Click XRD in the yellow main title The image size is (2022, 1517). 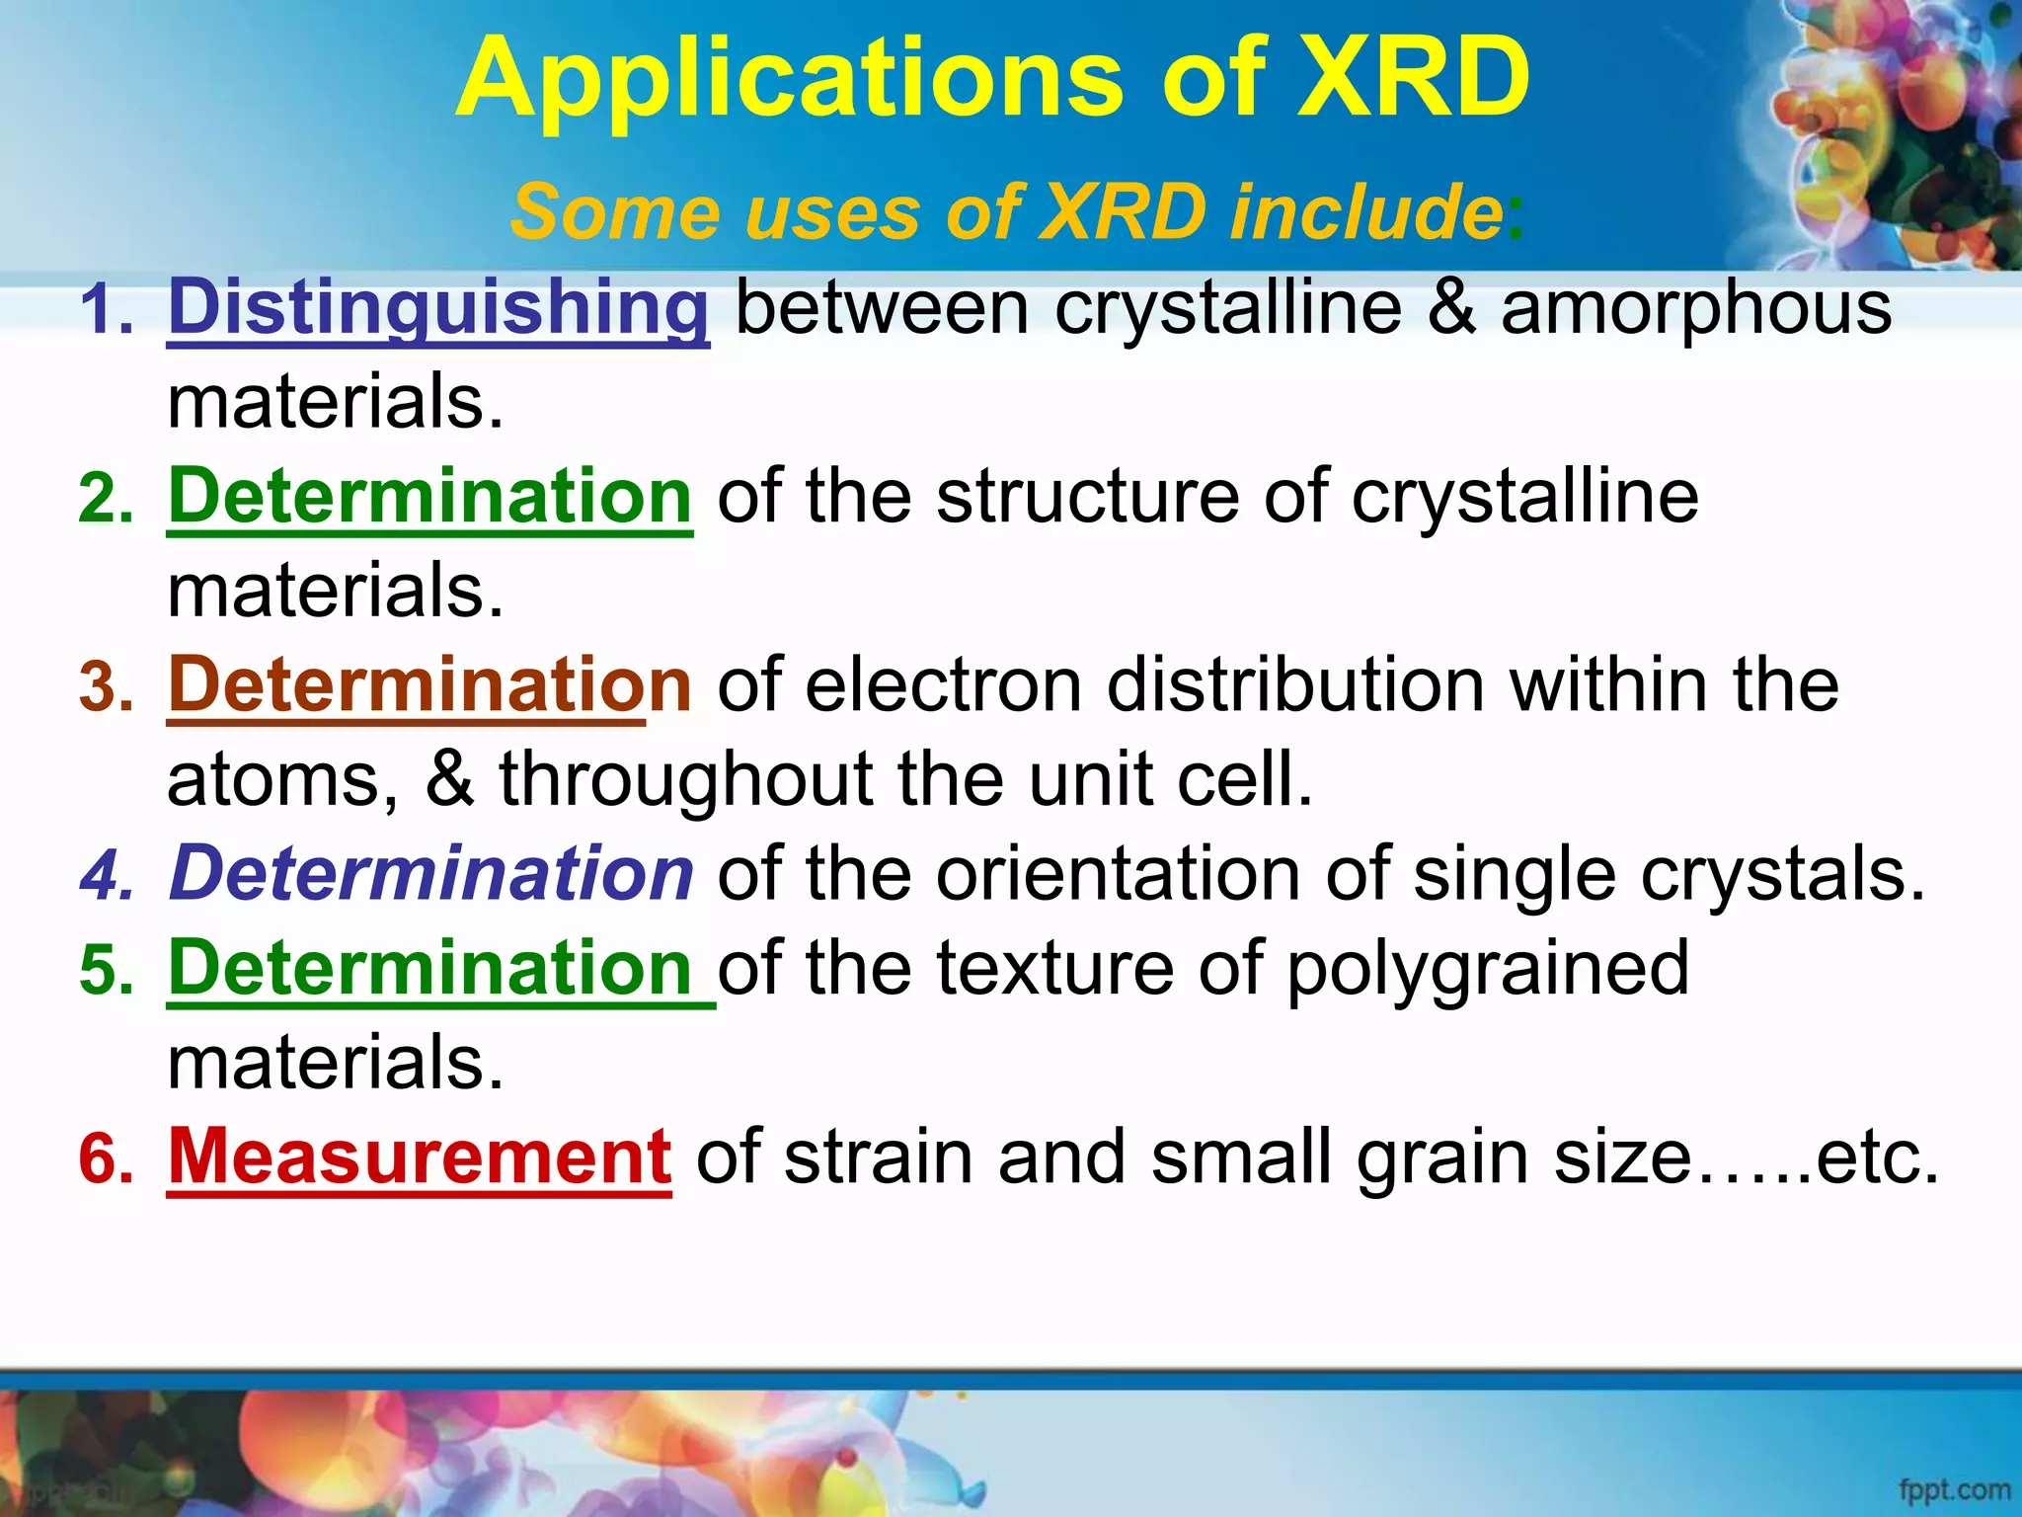[1412, 77]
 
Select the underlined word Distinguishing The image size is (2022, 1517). [438, 308]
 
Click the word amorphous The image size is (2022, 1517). [1696, 308]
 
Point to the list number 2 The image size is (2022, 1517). [105, 499]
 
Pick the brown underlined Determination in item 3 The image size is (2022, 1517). [429, 684]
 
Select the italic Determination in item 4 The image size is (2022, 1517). [431, 873]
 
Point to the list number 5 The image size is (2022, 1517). [105, 970]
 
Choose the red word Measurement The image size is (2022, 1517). [420, 1157]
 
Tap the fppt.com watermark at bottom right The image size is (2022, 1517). [1954, 1489]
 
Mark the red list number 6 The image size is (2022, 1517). [105, 1159]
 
